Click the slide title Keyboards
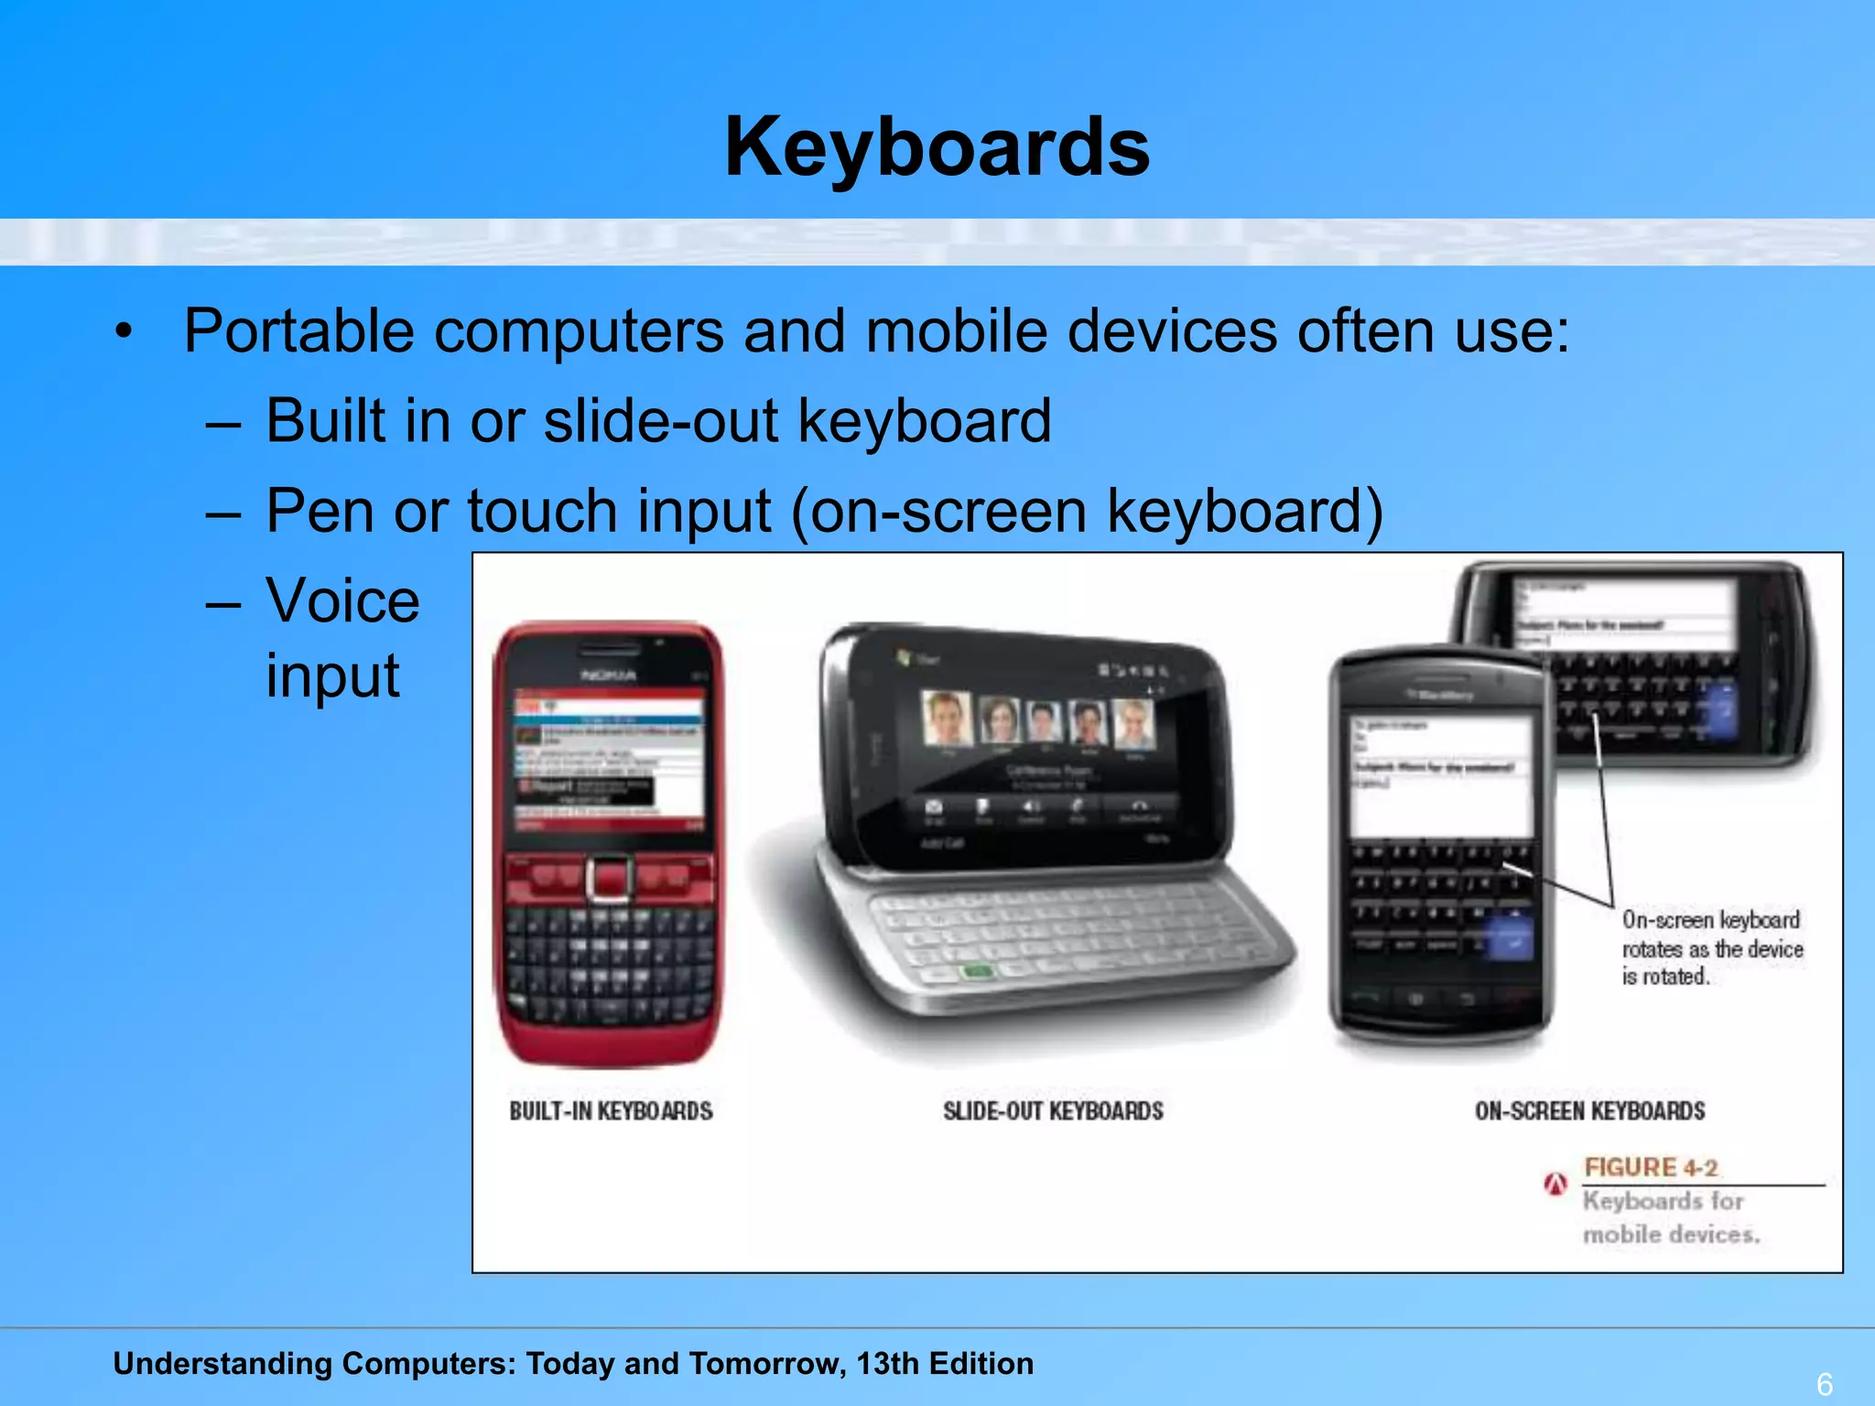[x=937, y=148]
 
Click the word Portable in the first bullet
[x=298, y=330]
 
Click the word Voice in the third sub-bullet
[x=342, y=601]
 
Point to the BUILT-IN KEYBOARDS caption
[x=611, y=1111]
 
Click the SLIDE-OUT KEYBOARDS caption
[x=1053, y=1111]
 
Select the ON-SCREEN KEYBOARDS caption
[x=1589, y=1111]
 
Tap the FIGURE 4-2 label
[x=1651, y=1168]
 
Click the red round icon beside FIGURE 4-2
[x=1555, y=1184]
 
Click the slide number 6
[x=1824, y=1384]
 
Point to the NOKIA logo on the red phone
[x=608, y=676]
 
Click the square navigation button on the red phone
[x=609, y=879]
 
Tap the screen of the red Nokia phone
[x=609, y=760]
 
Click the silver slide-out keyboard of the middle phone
[x=1053, y=934]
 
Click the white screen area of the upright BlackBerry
[x=1440, y=778]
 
